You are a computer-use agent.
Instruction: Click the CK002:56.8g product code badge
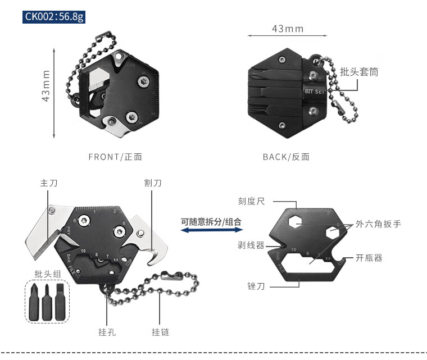point(54,17)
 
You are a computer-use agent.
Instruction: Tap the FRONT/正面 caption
point(115,157)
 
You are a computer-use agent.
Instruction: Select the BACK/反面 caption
point(286,157)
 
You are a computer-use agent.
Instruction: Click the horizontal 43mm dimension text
point(288,29)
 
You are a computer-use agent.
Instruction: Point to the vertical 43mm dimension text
point(46,86)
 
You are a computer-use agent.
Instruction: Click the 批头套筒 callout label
point(359,72)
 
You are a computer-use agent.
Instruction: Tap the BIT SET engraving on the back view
point(315,92)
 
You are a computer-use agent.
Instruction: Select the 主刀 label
point(49,183)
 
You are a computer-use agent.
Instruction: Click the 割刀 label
point(153,183)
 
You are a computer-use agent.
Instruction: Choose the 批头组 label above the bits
point(48,274)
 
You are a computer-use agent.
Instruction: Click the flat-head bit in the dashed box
point(60,302)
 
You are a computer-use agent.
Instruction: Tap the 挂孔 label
point(107,332)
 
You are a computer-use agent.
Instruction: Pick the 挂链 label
point(160,332)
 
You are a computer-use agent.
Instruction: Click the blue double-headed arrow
point(212,230)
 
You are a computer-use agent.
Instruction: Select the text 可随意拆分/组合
point(211,222)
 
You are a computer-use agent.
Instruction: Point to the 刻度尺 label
point(251,201)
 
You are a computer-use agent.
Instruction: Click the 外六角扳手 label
point(378,224)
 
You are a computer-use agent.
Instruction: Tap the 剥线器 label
point(251,245)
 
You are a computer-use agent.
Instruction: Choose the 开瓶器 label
point(369,258)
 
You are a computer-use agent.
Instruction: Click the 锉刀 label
point(256,286)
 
